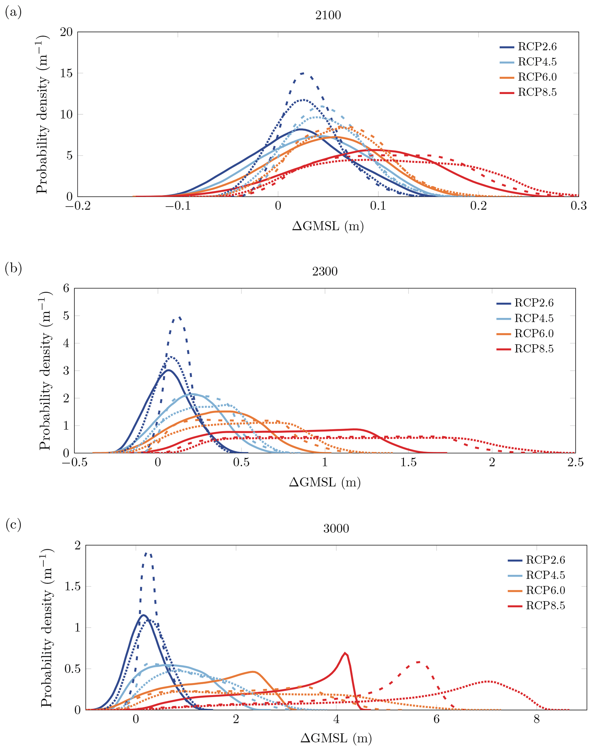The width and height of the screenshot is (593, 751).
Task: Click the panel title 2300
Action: point(325,271)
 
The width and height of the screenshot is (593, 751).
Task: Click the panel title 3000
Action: point(336,528)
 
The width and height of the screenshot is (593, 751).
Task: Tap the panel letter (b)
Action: point(13,268)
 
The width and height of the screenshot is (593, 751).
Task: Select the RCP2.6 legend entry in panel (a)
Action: point(528,47)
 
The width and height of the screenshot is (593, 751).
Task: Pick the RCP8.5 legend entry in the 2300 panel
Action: point(525,349)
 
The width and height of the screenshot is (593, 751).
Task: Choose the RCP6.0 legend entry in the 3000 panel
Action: point(536,590)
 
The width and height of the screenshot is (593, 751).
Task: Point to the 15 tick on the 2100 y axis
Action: point(66,73)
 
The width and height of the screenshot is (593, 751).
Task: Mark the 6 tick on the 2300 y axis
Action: point(66,288)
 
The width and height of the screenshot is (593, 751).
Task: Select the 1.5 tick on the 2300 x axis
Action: point(408,462)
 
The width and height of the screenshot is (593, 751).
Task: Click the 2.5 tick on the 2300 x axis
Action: point(575,462)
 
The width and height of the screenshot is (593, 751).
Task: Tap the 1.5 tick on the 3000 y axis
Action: point(73,586)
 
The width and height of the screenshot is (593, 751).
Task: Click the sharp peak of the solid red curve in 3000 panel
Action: point(345,653)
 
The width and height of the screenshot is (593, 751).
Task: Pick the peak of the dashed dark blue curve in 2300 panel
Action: point(179,317)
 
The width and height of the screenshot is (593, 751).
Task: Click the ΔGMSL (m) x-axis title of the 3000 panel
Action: point(336,738)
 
